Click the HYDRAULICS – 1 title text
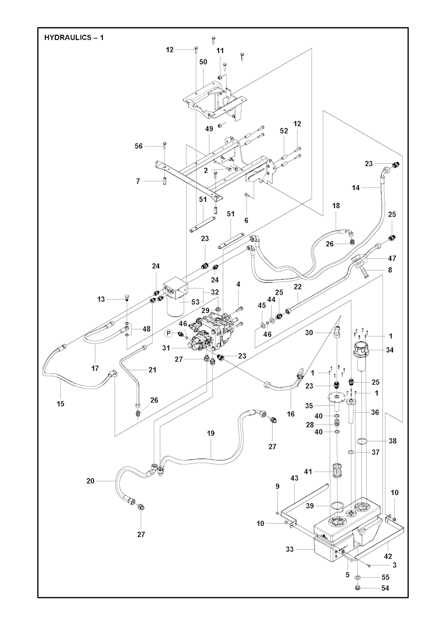point(74,37)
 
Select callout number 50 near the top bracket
point(203,62)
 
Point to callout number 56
point(139,146)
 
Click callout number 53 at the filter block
point(195,302)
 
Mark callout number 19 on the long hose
point(211,433)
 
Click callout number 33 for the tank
point(290,549)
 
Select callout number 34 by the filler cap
point(390,350)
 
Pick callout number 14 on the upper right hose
point(356,188)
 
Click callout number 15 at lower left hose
point(61,404)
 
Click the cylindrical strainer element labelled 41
point(336,471)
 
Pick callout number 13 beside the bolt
point(101,299)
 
